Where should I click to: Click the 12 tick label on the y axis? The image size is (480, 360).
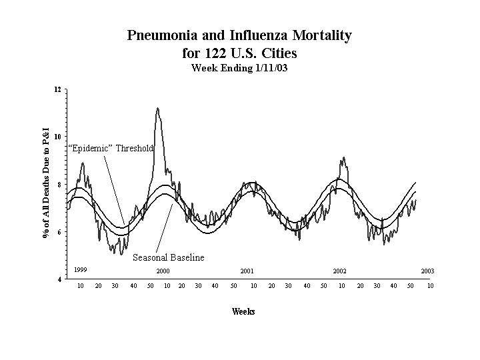click(x=57, y=89)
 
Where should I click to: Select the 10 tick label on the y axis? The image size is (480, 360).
click(x=57, y=137)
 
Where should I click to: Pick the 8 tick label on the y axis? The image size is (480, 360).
click(x=59, y=185)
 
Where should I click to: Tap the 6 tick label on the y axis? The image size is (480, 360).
click(x=59, y=232)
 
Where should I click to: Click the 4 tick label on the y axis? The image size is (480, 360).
click(x=59, y=279)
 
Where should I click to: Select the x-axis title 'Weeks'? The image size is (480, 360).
click(x=243, y=311)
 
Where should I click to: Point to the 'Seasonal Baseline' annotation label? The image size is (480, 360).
click(x=168, y=257)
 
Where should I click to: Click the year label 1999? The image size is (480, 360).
click(x=80, y=269)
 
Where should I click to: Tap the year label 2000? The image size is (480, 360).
click(x=163, y=271)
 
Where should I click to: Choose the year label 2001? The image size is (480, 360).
click(x=247, y=271)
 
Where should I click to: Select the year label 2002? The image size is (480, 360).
click(x=339, y=271)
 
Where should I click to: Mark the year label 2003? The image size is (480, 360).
click(x=427, y=271)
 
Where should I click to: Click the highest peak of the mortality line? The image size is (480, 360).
click(x=157, y=108)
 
